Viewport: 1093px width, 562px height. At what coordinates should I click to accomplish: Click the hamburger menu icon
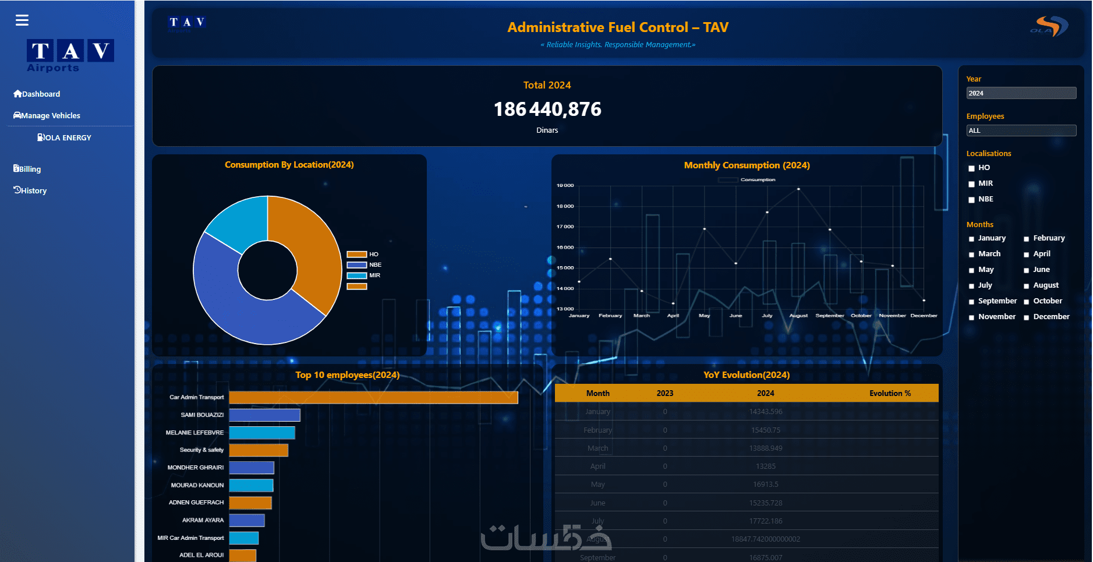click(22, 20)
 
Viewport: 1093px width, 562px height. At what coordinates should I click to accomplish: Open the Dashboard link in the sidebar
click(37, 94)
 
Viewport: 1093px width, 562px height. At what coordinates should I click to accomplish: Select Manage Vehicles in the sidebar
click(47, 115)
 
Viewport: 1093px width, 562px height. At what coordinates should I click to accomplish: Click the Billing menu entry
click(27, 169)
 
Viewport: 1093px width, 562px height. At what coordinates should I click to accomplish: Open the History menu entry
click(30, 190)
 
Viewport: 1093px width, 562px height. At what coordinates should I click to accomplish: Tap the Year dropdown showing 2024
click(1021, 93)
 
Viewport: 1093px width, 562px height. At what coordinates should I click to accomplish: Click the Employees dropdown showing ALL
click(1021, 130)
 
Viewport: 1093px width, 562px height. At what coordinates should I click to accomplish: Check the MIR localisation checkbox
click(971, 184)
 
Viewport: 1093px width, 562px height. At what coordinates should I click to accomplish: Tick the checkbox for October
click(1026, 302)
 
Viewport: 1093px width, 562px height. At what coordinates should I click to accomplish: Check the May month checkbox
click(971, 270)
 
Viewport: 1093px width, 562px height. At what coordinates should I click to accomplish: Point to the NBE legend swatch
click(356, 265)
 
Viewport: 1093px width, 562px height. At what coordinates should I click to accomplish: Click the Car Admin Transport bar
click(373, 397)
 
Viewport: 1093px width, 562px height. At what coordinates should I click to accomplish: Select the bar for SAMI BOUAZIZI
click(264, 415)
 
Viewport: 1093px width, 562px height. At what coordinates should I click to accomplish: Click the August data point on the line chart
click(798, 189)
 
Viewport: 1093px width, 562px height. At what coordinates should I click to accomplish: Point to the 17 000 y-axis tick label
click(565, 227)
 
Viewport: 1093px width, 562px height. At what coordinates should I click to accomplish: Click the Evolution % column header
click(890, 393)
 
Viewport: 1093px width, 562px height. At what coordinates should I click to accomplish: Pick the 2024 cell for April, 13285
click(765, 466)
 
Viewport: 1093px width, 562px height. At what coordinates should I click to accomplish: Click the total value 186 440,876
click(547, 109)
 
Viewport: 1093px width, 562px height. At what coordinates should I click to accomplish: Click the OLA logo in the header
click(1049, 27)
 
